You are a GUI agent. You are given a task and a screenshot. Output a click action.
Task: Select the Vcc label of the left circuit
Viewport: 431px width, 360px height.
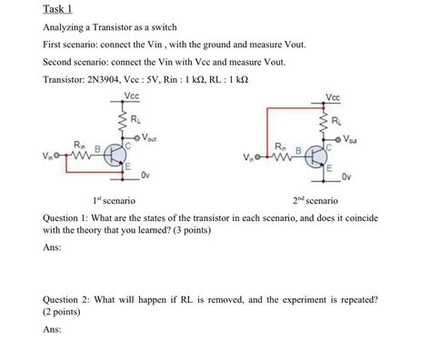(132, 95)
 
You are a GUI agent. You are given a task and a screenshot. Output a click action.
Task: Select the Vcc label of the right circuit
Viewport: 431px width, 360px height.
(332, 96)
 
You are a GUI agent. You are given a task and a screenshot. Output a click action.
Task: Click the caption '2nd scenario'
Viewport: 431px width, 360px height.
(315, 199)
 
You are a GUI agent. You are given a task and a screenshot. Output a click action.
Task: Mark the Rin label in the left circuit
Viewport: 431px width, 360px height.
(80, 145)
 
